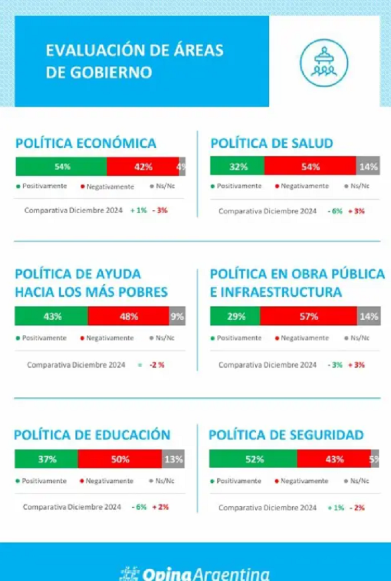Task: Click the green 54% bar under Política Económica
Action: (61, 166)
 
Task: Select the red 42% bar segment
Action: (143, 166)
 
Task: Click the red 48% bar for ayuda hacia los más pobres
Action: (128, 316)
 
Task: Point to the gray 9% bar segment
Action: (177, 316)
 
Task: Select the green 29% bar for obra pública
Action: (235, 316)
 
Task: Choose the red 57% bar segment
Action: (309, 316)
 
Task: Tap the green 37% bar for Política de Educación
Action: (46, 459)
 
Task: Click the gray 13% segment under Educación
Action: (173, 459)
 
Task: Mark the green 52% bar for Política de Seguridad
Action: (254, 459)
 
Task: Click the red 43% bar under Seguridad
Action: (334, 459)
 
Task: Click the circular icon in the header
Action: (324, 63)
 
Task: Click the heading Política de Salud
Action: (272, 143)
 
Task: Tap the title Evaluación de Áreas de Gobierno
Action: (135, 61)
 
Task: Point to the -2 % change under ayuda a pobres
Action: (157, 365)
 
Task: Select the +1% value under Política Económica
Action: (139, 210)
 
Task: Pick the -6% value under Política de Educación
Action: (139, 507)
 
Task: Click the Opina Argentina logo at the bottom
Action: (195, 574)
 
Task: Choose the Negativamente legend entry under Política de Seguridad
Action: (302, 481)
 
